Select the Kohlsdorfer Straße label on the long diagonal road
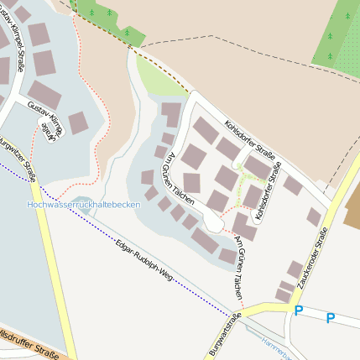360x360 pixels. (x=253, y=143)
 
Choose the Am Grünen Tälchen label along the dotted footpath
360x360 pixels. (x=240, y=262)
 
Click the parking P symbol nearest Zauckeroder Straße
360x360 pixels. (x=298, y=311)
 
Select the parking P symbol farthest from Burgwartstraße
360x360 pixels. (x=331, y=318)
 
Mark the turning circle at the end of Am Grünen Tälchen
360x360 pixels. (x=213, y=225)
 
